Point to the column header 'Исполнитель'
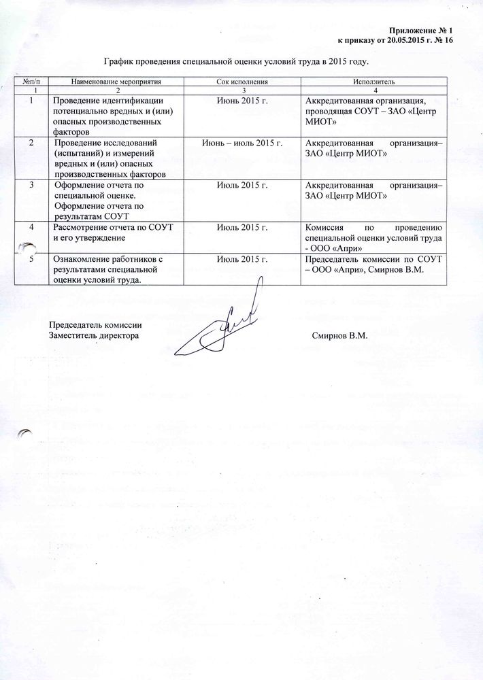coord(373,81)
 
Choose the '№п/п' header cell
coord(32,81)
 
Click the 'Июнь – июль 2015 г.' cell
coord(241,143)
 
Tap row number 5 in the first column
coord(32,260)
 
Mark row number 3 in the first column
coord(32,186)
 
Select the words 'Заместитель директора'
coord(95,336)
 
